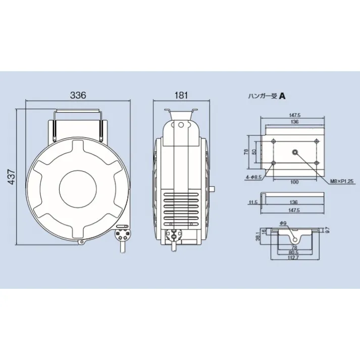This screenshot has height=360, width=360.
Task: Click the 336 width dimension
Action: (78, 95)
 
